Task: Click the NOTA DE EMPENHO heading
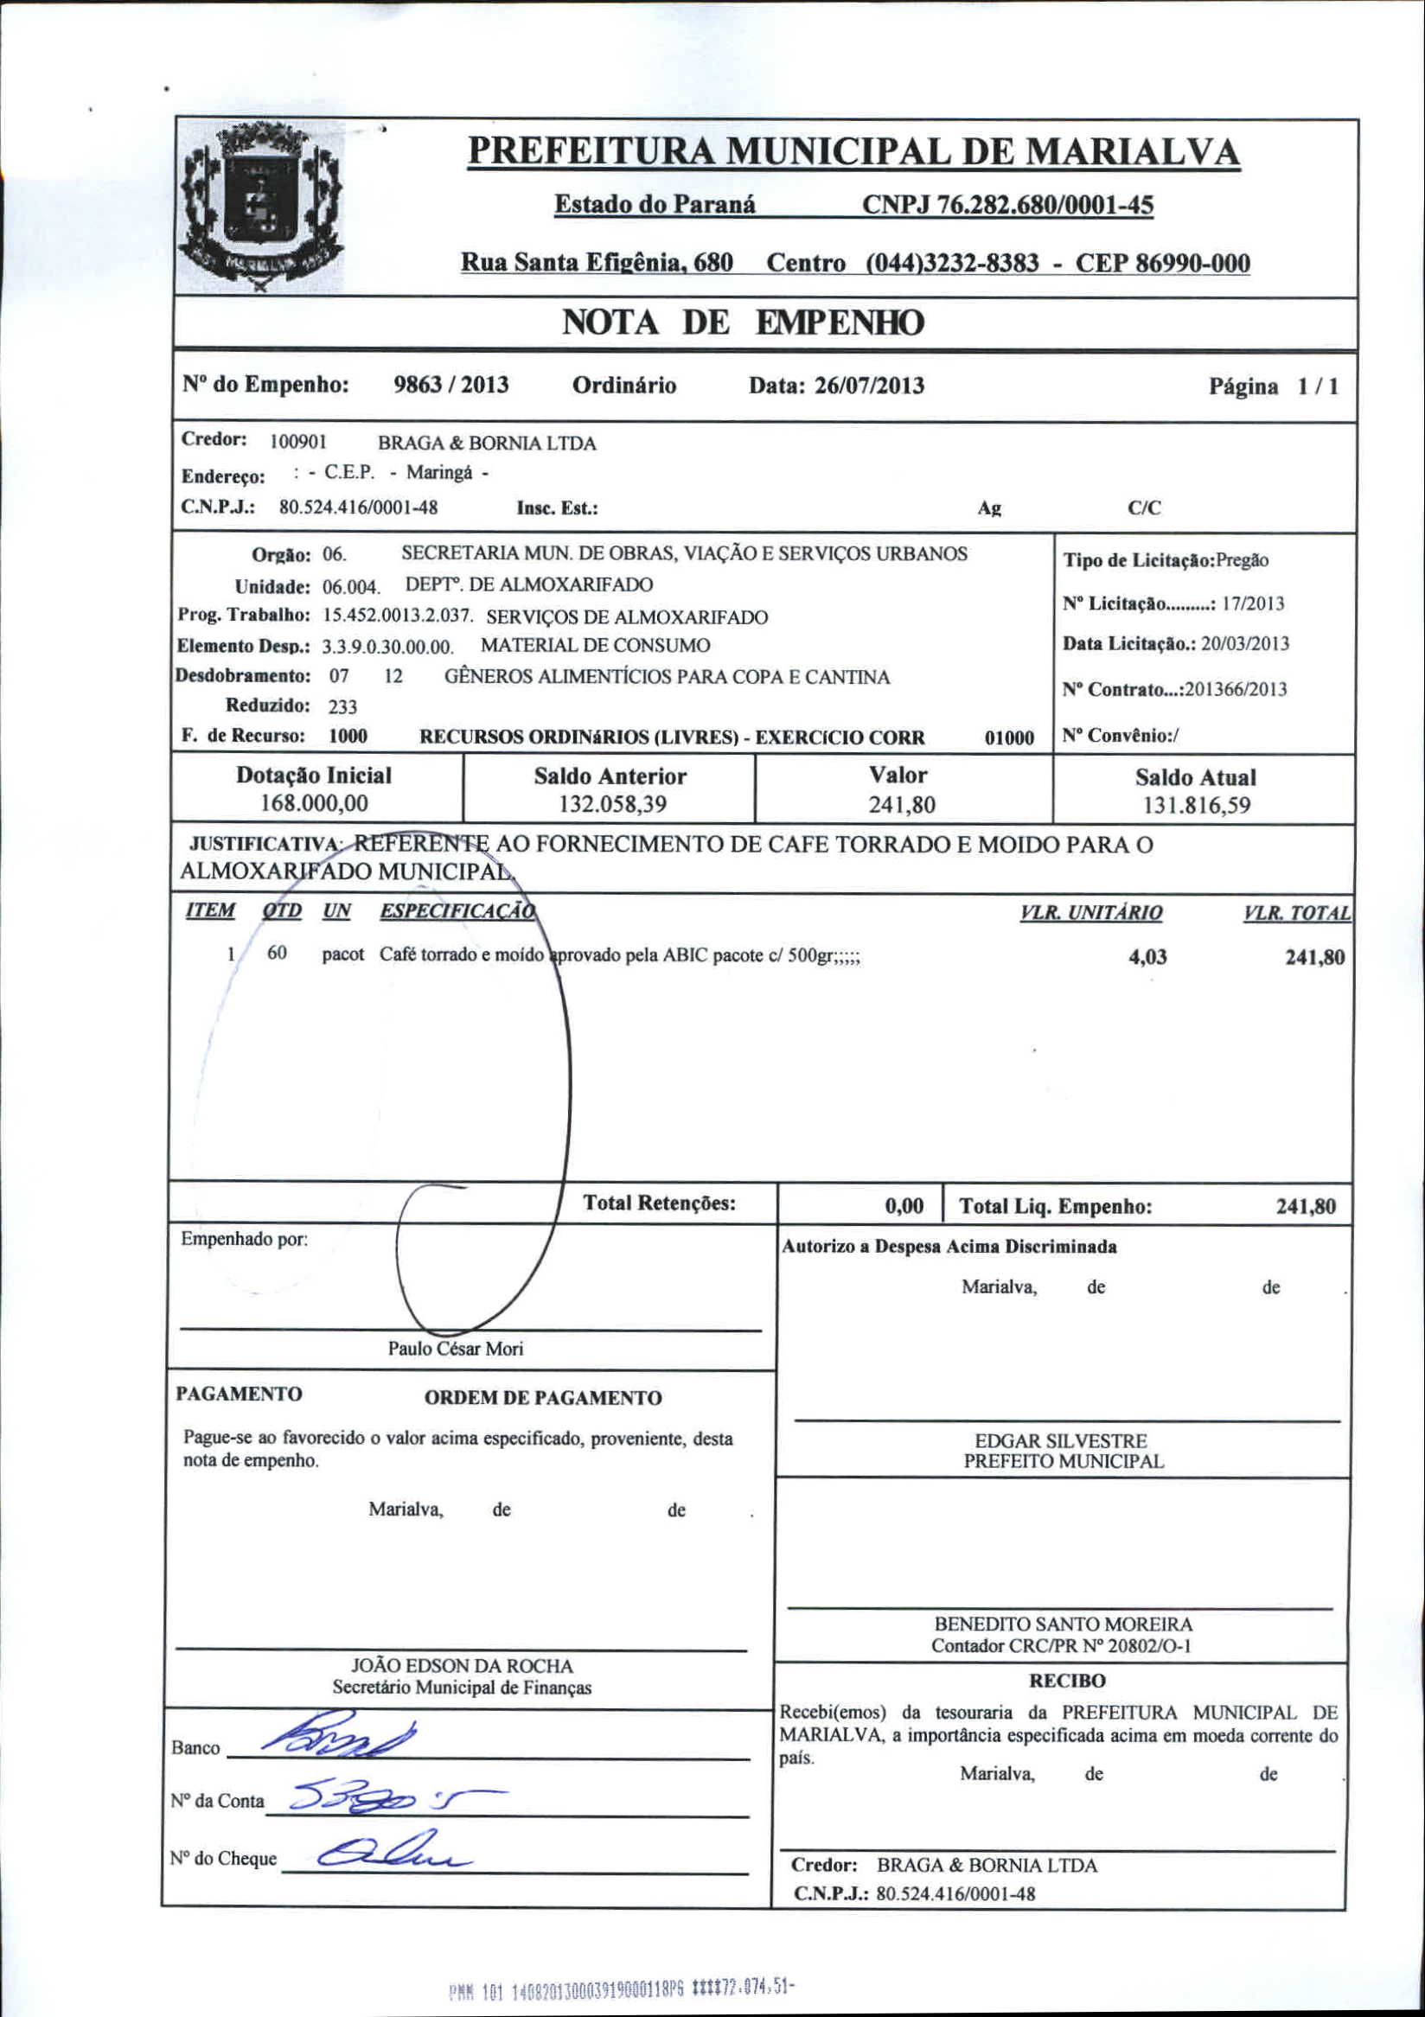pyautogui.click(x=743, y=323)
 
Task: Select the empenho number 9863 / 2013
pyautogui.click(x=451, y=386)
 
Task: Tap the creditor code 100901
pyautogui.click(x=297, y=443)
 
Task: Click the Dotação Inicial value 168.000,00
pyautogui.click(x=315, y=804)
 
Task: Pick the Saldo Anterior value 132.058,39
pyautogui.click(x=610, y=804)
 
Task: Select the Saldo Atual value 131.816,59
pyautogui.click(x=1197, y=806)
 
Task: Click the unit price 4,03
pyautogui.click(x=1147, y=957)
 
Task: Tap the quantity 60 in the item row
pyautogui.click(x=277, y=953)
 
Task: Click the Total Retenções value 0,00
pyautogui.click(x=904, y=1207)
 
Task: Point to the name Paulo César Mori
pyautogui.click(x=455, y=1349)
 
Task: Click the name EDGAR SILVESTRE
pyautogui.click(x=1061, y=1440)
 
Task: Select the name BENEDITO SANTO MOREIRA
pyautogui.click(x=1063, y=1624)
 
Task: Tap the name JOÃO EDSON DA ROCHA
pyautogui.click(x=461, y=1666)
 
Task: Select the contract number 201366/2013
pyautogui.click(x=1236, y=690)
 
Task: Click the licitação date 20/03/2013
pyautogui.click(x=1245, y=644)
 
